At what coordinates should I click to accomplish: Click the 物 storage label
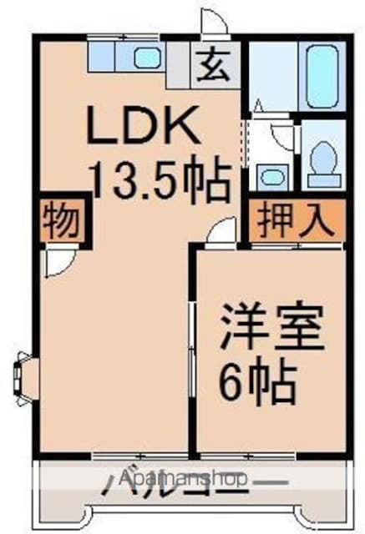[60, 220]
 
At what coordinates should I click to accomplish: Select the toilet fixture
[322, 161]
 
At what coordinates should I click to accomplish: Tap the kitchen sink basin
[148, 57]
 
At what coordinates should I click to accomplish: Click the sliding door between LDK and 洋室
[193, 350]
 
